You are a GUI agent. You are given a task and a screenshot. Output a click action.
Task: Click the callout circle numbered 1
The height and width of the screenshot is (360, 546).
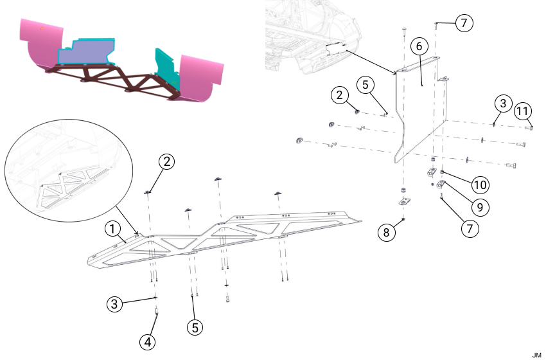pos(112,228)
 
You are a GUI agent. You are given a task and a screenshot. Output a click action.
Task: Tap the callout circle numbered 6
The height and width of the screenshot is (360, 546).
pos(418,46)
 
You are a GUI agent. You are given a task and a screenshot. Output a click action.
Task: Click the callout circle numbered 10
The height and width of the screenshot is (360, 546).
pos(479,185)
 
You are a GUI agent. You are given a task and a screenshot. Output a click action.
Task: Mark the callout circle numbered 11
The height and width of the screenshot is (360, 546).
pos(524,111)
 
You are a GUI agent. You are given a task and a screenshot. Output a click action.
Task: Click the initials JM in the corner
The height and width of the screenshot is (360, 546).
pos(536,355)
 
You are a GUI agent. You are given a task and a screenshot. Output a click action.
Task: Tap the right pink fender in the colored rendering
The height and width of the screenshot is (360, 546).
pos(202,77)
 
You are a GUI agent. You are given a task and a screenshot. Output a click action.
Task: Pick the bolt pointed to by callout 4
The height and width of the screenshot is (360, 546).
pos(157,312)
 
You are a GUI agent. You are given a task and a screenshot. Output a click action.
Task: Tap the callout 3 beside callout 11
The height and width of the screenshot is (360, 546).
pos(503,103)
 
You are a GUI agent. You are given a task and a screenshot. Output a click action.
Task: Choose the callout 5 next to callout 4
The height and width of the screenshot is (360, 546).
pos(196,327)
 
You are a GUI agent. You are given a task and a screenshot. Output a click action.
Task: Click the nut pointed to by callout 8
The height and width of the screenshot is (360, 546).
pos(403,220)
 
